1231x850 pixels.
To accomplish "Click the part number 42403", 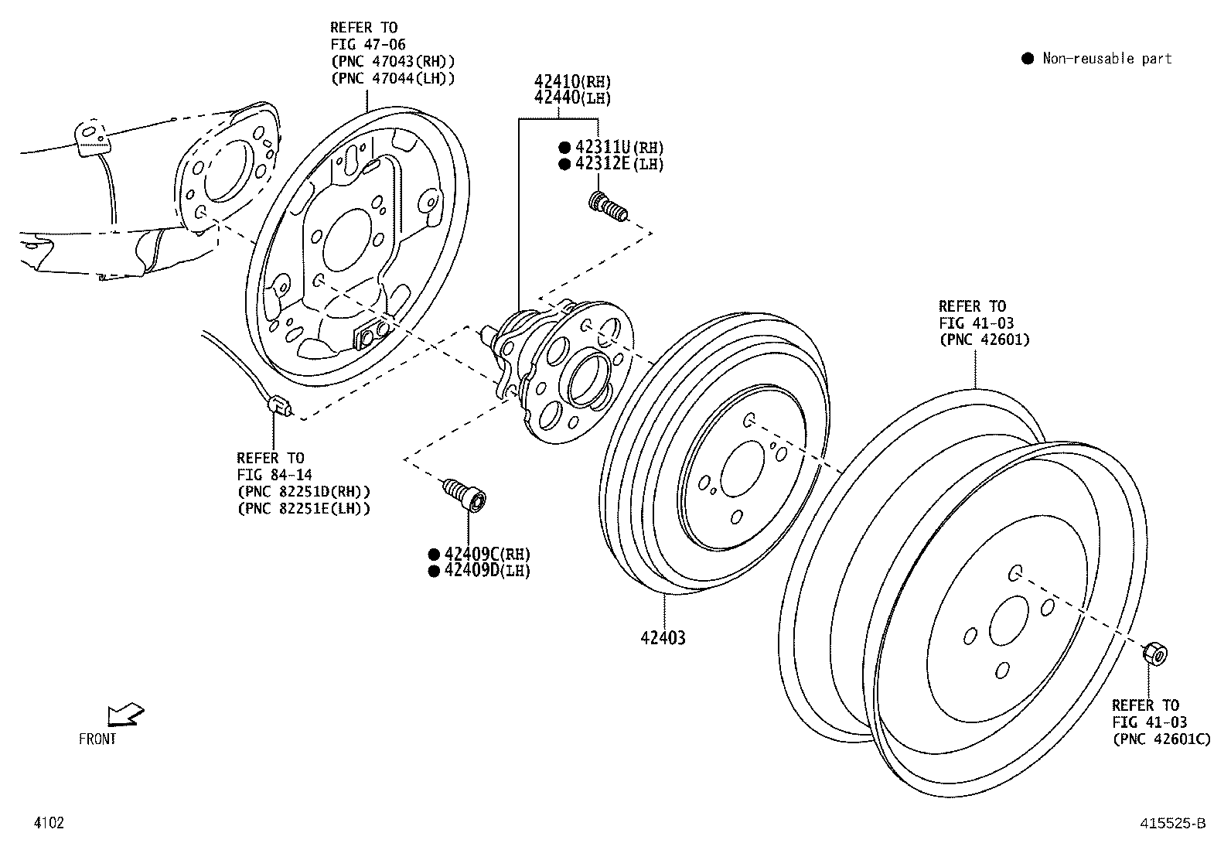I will [663, 638].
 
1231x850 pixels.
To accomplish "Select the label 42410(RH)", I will [572, 81].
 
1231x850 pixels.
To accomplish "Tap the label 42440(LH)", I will [572, 98].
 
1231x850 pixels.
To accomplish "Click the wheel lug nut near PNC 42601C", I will [1154, 654].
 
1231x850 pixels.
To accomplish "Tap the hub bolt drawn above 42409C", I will [464, 493].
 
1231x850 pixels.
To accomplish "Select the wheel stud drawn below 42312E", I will [609, 207].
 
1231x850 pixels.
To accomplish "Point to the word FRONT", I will [98, 739].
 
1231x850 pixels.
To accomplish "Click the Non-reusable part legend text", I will [1107, 59].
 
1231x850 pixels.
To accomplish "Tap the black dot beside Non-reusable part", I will [1027, 59].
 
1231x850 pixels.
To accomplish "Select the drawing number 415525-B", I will [1171, 824].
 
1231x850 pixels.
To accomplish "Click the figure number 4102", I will [48, 823].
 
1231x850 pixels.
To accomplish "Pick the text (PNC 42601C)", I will [1161, 739].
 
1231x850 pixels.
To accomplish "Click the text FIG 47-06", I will [368, 45].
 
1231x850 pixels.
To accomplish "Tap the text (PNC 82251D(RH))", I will [303, 491].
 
